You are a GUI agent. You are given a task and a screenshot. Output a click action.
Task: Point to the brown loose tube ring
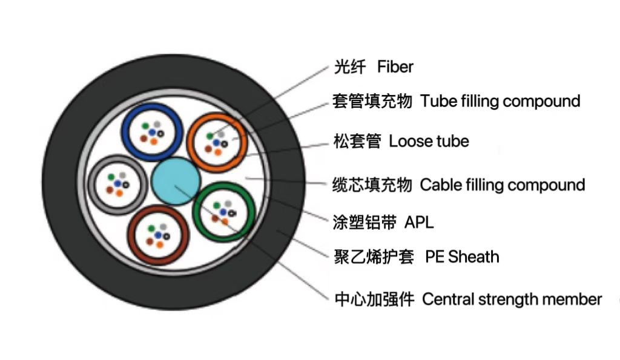pyautogui.click(x=134, y=236)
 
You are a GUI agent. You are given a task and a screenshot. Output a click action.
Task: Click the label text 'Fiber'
pyautogui.click(x=395, y=67)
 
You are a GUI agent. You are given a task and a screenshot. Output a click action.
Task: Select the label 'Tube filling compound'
pyautogui.click(x=500, y=101)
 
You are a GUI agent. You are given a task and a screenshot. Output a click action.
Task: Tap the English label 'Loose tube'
pyautogui.click(x=428, y=142)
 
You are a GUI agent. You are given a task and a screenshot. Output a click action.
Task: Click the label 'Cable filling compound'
pyautogui.click(x=502, y=185)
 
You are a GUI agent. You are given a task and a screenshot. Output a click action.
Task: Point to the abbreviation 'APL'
pyautogui.click(x=419, y=223)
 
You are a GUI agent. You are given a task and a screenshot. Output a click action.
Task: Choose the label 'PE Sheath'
pyautogui.click(x=462, y=257)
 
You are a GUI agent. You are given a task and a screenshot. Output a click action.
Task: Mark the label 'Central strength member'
pyautogui.click(x=512, y=299)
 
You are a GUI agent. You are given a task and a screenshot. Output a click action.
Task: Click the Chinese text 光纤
pyautogui.click(x=350, y=67)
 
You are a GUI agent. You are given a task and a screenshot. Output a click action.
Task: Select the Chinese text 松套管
pyautogui.click(x=357, y=142)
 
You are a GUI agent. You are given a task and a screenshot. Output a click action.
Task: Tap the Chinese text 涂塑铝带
pyautogui.click(x=364, y=223)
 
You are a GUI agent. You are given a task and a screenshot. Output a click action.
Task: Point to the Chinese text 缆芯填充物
pyautogui.click(x=372, y=185)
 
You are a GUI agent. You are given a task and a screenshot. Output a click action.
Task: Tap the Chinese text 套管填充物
pyautogui.click(x=372, y=101)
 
